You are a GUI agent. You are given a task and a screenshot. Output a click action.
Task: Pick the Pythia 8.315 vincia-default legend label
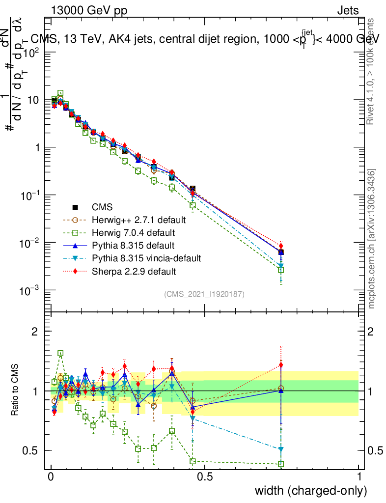point(145,258)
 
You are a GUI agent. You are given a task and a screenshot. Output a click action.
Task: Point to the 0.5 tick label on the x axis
point(205,477)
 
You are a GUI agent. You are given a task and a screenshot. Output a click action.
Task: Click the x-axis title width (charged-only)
point(310,490)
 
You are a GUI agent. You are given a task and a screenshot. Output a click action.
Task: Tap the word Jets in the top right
point(348,10)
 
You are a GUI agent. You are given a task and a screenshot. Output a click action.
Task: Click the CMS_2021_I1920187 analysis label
point(204,294)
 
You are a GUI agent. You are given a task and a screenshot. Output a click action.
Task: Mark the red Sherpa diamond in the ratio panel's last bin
point(281,364)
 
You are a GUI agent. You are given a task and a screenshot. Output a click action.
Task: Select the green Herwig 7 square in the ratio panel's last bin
point(281,464)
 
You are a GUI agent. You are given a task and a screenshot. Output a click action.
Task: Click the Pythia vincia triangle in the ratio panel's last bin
point(281,449)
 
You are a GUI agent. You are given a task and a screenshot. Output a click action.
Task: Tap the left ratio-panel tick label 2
point(35,332)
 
